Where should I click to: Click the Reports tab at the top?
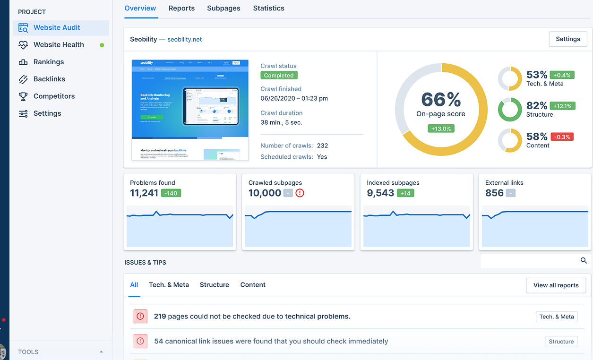181,8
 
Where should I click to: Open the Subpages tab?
223,8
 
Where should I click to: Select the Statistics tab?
268,8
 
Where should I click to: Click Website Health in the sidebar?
59,45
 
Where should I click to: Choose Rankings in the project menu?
48,62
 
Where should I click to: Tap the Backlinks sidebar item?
49,79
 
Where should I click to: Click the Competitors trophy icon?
23,96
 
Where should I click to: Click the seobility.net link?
184,39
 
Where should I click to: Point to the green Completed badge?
279,76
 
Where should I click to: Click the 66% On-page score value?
441,100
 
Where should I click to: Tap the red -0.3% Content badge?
562,137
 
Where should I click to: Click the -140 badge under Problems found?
171,193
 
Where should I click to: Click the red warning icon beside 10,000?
300,193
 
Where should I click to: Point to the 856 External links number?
494,193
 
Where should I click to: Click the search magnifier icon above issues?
584,260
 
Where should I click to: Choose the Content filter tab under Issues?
253,285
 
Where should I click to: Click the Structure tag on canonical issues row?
561,342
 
